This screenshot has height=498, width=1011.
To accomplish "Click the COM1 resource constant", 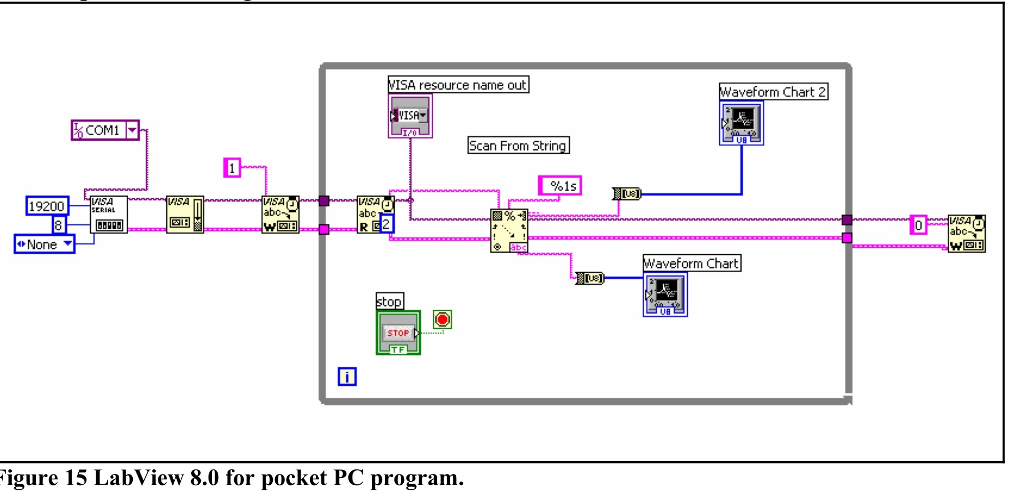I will [105, 130].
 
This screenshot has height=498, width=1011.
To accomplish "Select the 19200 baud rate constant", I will [47, 206].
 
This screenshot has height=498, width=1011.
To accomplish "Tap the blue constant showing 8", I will [59, 225].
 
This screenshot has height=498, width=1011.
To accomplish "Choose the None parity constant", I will [44, 244].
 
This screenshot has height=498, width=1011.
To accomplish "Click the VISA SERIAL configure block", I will [109, 215].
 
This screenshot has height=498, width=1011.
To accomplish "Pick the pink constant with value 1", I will [232, 168].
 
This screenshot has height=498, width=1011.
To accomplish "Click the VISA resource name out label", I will [458, 85].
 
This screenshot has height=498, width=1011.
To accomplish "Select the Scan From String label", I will [518, 146].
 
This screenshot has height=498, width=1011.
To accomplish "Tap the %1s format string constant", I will [560, 186].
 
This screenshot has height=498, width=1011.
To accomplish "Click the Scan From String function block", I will [509, 231].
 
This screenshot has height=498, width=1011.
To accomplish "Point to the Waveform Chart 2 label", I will [773, 92].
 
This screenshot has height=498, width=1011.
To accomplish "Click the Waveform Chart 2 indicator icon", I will [741, 123].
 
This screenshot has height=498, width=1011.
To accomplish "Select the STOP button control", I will [398, 333].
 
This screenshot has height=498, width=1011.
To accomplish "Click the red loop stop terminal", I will [442, 320].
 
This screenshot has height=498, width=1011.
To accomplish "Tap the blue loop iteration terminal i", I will [347, 377].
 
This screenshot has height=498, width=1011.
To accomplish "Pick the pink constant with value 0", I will [918, 225].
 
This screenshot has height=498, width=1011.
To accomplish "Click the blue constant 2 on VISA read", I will [387, 224].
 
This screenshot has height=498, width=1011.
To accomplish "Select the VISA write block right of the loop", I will [966, 233].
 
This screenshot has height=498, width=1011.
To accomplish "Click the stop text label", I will [389, 301].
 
